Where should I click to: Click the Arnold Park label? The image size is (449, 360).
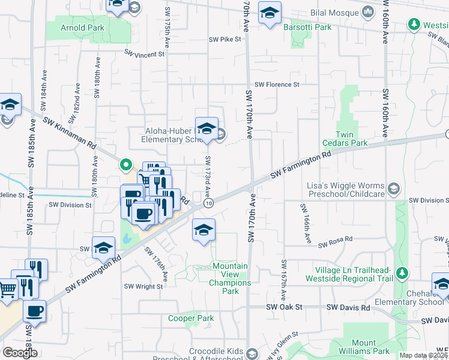[83, 28]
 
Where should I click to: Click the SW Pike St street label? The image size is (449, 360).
[224, 39]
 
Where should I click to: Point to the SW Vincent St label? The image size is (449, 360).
[144, 54]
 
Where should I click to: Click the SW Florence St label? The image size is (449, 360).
[277, 85]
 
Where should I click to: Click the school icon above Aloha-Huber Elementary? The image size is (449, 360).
[206, 128]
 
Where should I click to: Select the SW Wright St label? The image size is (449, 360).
[143, 287]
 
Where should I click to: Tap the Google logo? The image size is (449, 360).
[20, 352]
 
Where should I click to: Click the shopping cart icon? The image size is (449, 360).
[7, 289]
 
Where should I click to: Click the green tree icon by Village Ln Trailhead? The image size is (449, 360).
[403, 274]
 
